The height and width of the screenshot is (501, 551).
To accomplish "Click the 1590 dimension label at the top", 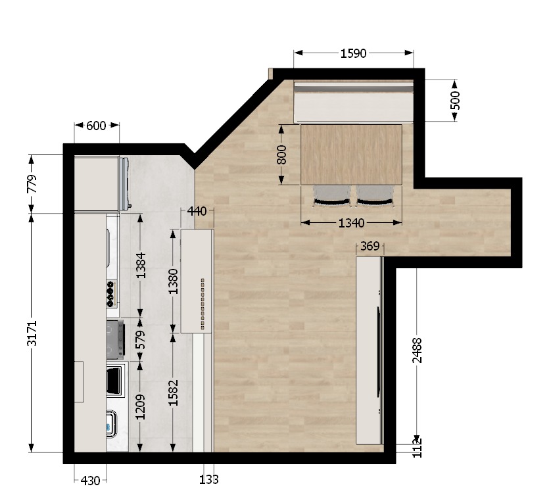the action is pyautogui.click(x=353, y=53).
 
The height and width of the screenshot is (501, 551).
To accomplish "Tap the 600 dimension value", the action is pyautogui.click(x=96, y=126).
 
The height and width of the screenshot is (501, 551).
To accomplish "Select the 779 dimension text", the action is pyautogui.click(x=32, y=184).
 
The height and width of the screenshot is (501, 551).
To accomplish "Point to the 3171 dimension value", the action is pyautogui.click(x=32, y=333).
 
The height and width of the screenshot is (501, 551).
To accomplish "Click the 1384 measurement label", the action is pyautogui.click(x=141, y=265).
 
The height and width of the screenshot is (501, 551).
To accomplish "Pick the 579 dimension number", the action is pyautogui.click(x=140, y=340).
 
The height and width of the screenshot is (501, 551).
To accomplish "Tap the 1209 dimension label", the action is pyautogui.click(x=141, y=407).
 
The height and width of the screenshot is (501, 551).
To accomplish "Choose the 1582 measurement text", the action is pyautogui.click(x=173, y=393).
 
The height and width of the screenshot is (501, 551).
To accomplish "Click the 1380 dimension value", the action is pyautogui.click(x=173, y=281).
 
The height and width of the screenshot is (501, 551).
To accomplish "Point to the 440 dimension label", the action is pyautogui.click(x=197, y=211).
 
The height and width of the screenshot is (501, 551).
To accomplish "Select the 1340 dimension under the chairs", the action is pyautogui.click(x=351, y=223).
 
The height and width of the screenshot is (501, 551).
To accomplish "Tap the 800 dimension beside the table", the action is pyautogui.click(x=281, y=155).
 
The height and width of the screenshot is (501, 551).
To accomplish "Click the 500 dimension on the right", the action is pyautogui.click(x=455, y=101).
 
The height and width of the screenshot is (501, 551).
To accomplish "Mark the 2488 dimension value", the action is pyautogui.click(x=417, y=350).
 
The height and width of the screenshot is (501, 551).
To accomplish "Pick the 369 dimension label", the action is pyautogui.click(x=370, y=247).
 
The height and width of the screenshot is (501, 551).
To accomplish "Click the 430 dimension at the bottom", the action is pyautogui.click(x=90, y=480).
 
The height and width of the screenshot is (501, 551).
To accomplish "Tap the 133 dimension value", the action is pyautogui.click(x=208, y=479).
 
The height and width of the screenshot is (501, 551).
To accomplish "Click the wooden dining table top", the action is pyautogui.click(x=351, y=155).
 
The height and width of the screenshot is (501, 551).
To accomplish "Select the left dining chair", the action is pyautogui.click(x=332, y=196).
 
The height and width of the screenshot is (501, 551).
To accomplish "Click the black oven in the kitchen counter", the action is pyautogui.click(x=116, y=381).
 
